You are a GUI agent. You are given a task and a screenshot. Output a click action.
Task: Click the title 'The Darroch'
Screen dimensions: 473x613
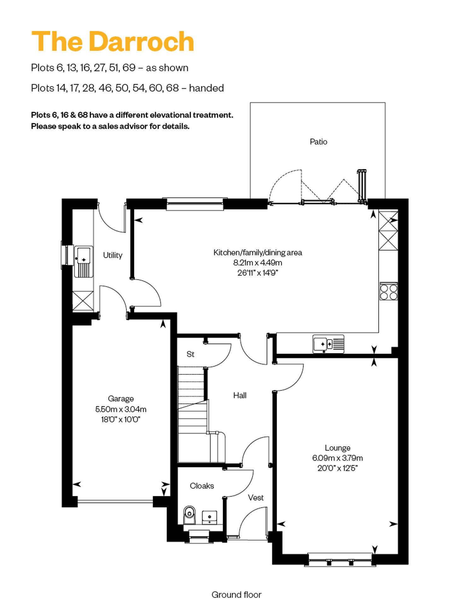[113, 41]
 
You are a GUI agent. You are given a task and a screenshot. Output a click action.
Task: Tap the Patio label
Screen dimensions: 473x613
[318, 142]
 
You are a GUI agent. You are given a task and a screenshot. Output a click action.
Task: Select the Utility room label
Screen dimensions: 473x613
[113, 255]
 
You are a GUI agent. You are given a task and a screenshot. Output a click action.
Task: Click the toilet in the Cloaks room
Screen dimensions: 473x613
[189, 515]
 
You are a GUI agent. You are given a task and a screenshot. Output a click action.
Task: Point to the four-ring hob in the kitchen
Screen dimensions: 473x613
[388, 291]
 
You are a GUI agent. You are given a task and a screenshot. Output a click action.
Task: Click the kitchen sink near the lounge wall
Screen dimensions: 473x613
[328, 344]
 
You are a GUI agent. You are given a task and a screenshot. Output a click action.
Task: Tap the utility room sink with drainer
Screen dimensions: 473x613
[84, 262]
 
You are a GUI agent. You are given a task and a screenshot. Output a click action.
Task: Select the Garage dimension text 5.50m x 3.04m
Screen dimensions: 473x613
[121, 409]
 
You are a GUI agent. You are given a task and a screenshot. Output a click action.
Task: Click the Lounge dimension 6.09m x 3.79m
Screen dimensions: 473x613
[337, 458]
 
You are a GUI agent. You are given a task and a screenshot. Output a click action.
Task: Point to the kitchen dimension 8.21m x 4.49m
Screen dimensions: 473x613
[258, 263]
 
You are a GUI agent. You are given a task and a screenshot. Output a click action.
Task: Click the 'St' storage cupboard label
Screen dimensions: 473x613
[190, 354]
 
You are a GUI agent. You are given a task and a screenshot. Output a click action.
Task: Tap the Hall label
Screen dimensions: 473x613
[240, 395]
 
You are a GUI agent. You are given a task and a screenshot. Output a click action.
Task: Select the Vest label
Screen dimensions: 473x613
[255, 497]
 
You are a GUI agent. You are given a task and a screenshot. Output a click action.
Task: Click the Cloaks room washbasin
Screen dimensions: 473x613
[209, 517]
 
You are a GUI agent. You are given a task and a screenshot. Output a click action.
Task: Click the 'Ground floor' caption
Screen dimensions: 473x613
[237, 595]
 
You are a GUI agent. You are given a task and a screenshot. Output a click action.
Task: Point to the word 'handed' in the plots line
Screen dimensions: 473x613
[207, 88]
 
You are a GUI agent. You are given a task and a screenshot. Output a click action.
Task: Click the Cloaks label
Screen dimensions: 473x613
[202, 486]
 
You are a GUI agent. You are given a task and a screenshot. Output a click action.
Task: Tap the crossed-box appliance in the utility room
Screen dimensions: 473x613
[83, 301]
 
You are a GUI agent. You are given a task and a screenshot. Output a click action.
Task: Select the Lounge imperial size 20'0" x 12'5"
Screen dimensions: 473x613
[337, 468]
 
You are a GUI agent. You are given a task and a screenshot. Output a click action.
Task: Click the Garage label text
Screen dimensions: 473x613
[121, 399]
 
